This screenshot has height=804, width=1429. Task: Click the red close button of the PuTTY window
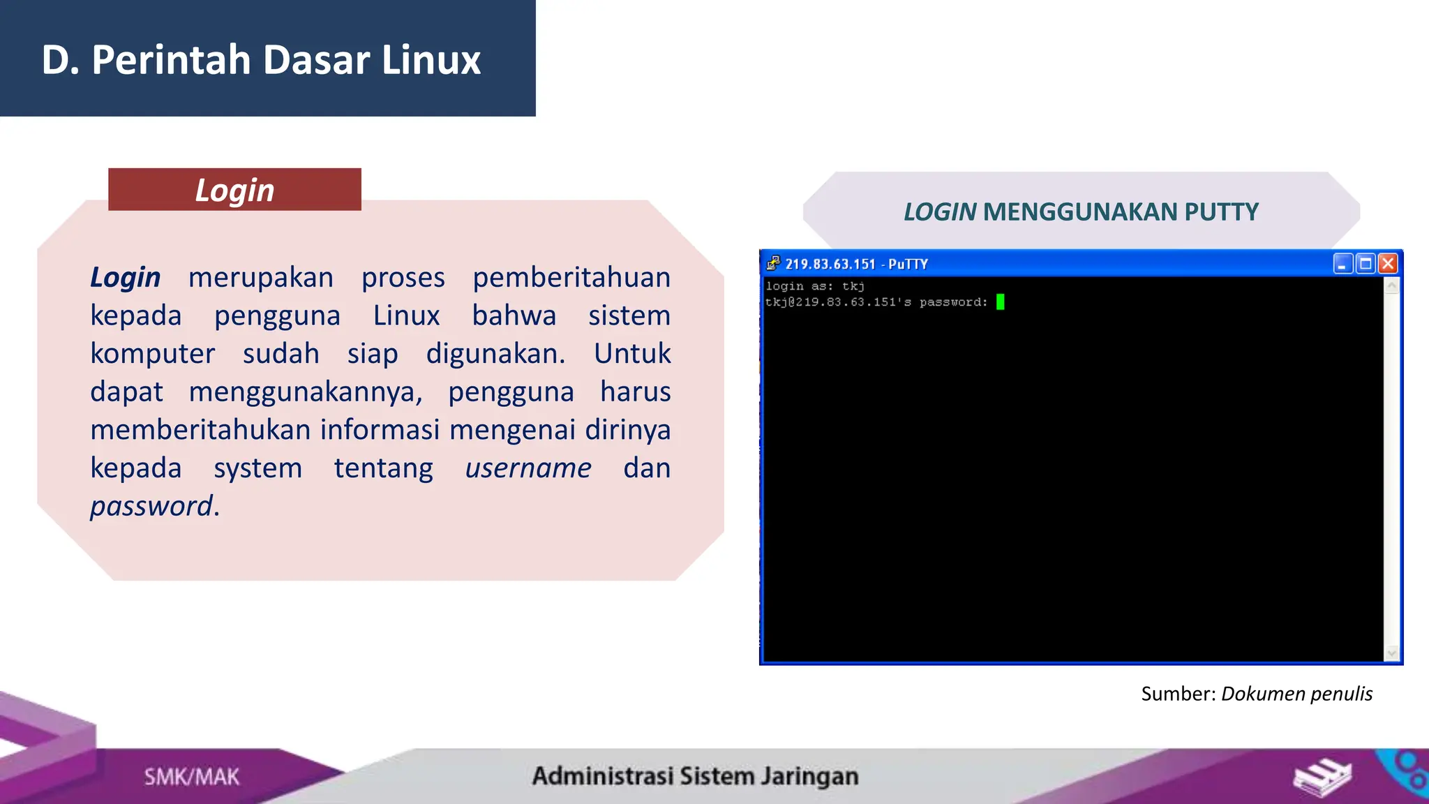[1388, 264]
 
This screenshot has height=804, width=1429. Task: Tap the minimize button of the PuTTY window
[1342, 264]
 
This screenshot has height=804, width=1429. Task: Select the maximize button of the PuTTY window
[1366, 264]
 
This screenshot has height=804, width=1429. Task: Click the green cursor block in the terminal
[1000, 301]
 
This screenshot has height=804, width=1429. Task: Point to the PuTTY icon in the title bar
[772, 264]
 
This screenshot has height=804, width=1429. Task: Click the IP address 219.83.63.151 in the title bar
[830, 265]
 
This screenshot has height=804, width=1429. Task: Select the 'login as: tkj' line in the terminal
[815, 286]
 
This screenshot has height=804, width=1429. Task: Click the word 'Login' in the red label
[234, 191]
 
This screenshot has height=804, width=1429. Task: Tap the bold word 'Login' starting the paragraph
[126, 278]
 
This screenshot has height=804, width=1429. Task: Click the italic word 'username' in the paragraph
[528, 468]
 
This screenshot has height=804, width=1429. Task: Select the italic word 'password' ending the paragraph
[151, 506]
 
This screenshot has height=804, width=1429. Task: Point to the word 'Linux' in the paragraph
[406, 315]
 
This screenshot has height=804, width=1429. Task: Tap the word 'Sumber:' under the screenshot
[1179, 694]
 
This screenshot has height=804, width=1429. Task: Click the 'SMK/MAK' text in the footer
[191, 777]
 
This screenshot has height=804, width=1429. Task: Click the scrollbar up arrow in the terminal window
[1391, 286]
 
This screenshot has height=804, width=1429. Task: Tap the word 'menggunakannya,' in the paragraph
[306, 392]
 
